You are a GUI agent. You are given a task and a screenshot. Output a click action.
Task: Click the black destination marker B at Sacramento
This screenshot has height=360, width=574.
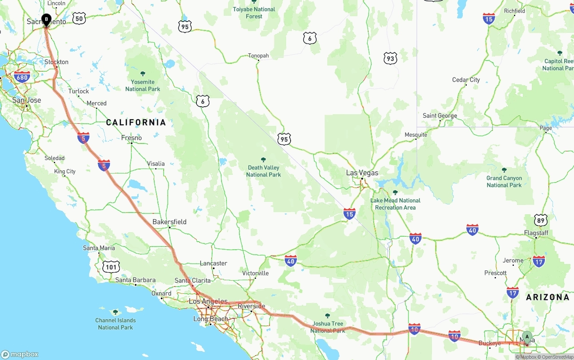click(x=46, y=19)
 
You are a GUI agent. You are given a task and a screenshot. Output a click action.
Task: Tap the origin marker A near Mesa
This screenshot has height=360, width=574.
click(x=527, y=336)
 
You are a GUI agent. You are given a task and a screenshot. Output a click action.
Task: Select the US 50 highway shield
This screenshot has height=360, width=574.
click(x=79, y=18)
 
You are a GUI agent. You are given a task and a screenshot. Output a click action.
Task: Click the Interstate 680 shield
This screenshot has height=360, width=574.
click(x=22, y=77)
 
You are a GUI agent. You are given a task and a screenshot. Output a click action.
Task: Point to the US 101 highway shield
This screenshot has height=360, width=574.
click(x=111, y=267)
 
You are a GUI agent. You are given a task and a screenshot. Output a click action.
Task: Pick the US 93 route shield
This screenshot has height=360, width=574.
click(x=390, y=58)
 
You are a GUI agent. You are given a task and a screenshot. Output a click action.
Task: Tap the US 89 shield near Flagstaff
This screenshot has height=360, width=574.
click(x=541, y=220)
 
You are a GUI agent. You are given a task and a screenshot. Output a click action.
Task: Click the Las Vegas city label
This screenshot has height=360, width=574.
click(x=362, y=173)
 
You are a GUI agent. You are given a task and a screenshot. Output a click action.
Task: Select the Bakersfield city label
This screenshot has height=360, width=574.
click(x=170, y=221)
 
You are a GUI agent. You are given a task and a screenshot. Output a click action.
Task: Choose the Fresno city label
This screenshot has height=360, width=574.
click(x=131, y=138)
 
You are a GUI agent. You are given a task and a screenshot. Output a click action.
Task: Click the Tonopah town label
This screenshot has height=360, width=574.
click(x=258, y=56)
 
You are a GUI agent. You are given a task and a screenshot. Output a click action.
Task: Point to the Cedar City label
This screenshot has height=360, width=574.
click(x=466, y=80)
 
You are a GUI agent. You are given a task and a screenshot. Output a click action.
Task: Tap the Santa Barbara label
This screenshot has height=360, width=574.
click(x=135, y=280)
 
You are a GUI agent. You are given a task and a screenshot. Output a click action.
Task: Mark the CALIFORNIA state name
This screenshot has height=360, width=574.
click(x=136, y=122)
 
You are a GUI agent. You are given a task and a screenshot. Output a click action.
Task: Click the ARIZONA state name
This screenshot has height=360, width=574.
click(x=548, y=297)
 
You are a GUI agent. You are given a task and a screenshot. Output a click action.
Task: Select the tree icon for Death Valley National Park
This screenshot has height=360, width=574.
click(x=263, y=160)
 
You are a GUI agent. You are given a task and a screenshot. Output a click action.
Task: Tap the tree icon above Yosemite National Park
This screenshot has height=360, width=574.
click(x=143, y=74)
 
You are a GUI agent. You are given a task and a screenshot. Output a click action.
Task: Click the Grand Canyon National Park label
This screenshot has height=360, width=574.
click(x=504, y=182)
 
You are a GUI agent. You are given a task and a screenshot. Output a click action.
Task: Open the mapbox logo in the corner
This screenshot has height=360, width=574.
click(x=20, y=354)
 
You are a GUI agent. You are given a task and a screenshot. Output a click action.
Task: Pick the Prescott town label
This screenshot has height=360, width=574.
click(x=496, y=273)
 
